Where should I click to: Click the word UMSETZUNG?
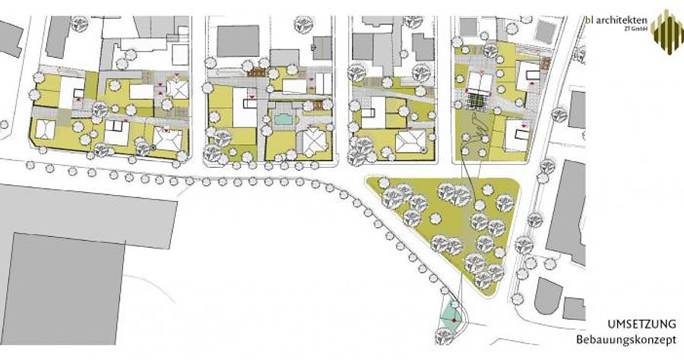point(641,324)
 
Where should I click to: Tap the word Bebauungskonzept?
point(626,339)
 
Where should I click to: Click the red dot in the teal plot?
point(454,321)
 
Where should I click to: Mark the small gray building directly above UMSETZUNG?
point(574,308)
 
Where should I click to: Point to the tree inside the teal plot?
point(444,335)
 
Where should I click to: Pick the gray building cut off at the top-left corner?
point(10,38)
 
